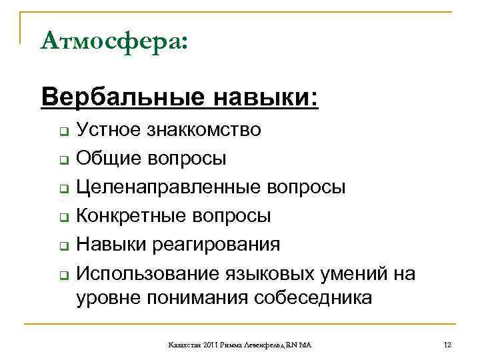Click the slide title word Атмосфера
pos(111,41)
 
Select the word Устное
pos(109,129)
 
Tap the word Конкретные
pos(126,216)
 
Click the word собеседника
pos(313,297)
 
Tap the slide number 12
pos(447,345)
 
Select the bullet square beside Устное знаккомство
pos(60,131)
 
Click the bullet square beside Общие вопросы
pos(60,159)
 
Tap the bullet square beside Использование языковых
pos(60,274)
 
